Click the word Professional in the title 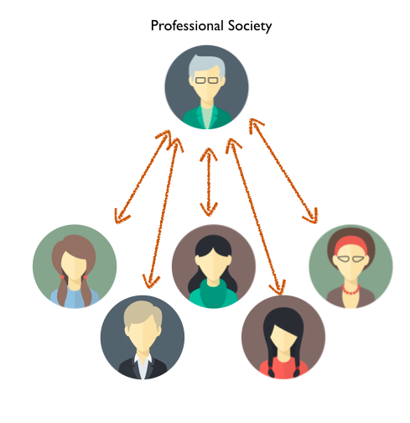click(187, 26)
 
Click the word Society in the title click(250, 26)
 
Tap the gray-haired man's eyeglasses click(206, 81)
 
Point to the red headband click(350, 243)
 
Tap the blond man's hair click(143, 313)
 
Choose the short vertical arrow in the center click(209, 182)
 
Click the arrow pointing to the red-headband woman click(283, 170)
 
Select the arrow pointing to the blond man click(163, 212)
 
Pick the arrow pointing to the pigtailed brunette click(143, 176)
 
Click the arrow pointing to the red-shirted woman click(255, 217)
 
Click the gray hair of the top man click(206, 65)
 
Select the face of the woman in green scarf click(213, 264)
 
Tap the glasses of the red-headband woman click(350, 258)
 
